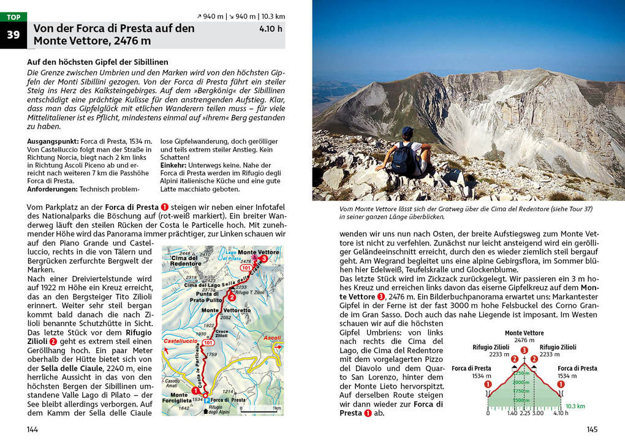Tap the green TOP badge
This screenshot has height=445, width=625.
[13, 17]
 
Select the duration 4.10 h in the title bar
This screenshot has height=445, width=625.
[271, 28]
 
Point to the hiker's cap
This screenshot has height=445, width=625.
[407, 131]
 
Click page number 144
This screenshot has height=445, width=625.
[32, 429]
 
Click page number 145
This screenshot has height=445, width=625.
[592, 429]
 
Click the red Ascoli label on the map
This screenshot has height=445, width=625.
[271, 338]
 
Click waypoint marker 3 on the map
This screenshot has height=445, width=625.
[263, 259]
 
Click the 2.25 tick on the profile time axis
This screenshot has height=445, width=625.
[525, 413]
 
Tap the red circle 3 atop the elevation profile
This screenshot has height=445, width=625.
[524, 350]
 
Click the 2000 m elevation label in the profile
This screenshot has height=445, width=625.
[521, 382]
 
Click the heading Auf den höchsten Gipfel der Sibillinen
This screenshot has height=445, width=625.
[97, 62]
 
